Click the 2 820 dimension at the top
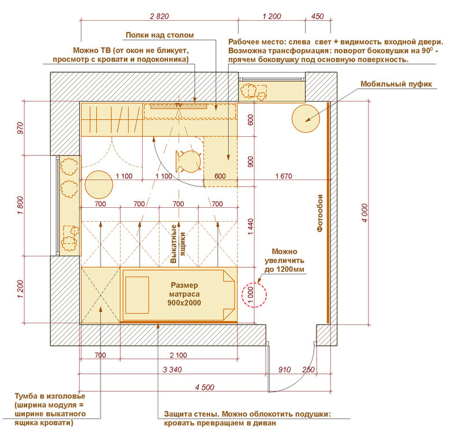tap(159, 16)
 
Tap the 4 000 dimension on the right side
tap(364, 213)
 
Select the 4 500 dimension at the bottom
tap(204, 387)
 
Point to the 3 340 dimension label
tap(172, 369)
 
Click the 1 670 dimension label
tap(284, 176)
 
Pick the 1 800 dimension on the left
tap(20, 205)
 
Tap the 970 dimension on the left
tap(20, 128)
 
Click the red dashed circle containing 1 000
tap(254, 295)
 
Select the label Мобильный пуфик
tap(396, 84)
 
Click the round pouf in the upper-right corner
tap(306, 119)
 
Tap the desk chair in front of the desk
tap(188, 162)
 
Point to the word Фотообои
tap(319, 213)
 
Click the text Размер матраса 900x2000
tap(184, 294)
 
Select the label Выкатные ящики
tap(178, 244)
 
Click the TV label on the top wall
tap(178, 105)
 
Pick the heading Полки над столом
tap(160, 35)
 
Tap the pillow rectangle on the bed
tap(137, 295)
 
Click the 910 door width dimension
tap(284, 369)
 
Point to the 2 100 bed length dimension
tap(178, 355)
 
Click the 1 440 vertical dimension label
tap(251, 227)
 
